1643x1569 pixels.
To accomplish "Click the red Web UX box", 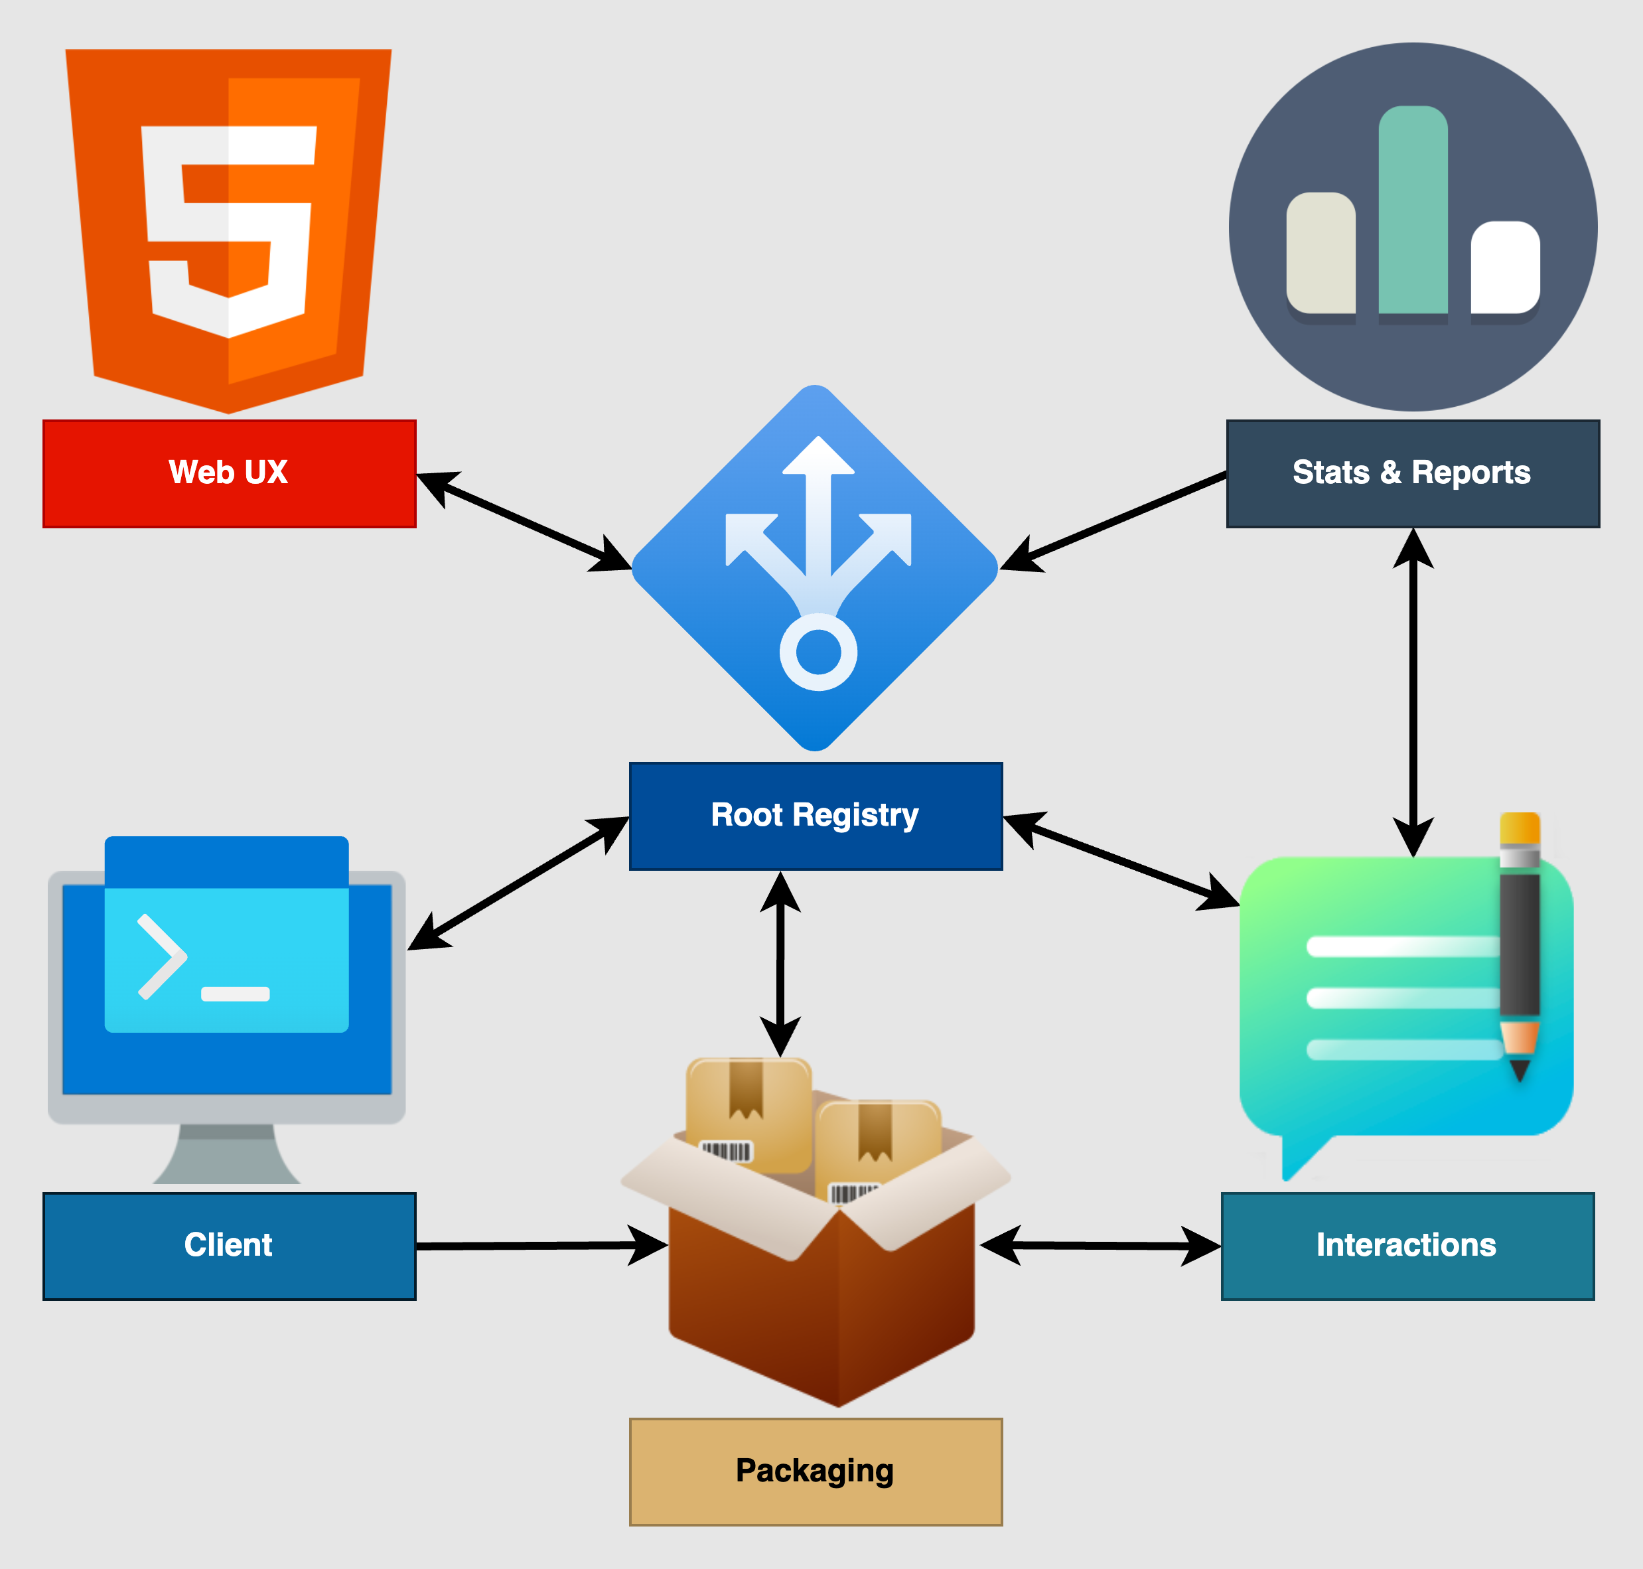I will pyautogui.click(x=229, y=473).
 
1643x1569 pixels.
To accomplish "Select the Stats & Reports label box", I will pyautogui.click(x=1412, y=473).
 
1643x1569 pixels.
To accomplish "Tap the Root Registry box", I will pyautogui.click(x=816, y=816).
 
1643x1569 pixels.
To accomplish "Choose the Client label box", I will pyautogui.click(x=229, y=1245).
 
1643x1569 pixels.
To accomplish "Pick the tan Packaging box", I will pyautogui.click(x=816, y=1471).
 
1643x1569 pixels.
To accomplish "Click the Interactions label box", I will pyautogui.click(x=1407, y=1245).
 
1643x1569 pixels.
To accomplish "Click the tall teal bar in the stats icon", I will pyautogui.click(x=1412, y=209).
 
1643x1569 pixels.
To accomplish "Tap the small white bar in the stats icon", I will pyautogui.click(x=1505, y=267).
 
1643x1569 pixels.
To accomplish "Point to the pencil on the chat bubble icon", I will pyautogui.click(x=1520, y=945).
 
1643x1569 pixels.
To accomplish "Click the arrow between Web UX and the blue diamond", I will pyautogui.click(x=524, y=521).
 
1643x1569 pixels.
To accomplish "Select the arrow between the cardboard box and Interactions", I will pyautogui.click(x=1100, y=1245).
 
